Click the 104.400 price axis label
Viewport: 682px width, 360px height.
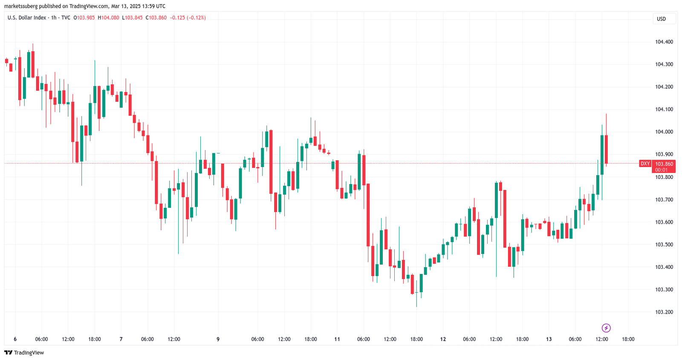pyautogui.click(x=664, y=42)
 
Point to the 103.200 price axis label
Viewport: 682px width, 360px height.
pyautogui.click(x=664, y=312)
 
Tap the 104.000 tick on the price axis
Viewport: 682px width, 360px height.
pyautogui.click(x=664, y=132)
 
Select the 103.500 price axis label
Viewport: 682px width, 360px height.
pyautogui.click(x=664, y=245)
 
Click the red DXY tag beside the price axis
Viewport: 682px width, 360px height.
pyautogui.click(x=645, y=164)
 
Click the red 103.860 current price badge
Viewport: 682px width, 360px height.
pyautogui.click(x=664, y=164)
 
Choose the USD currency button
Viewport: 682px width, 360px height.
pyautogui.click(x=661, y=19)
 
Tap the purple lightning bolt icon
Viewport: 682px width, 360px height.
pyautogui.click(x=606, y=328)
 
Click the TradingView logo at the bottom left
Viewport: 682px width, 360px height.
pyautogui.click(x=24, y=353)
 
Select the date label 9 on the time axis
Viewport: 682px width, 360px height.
pyautogui.click(x=218, y=339)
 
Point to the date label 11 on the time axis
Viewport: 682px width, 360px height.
pyautogui.click(x=337, y=339)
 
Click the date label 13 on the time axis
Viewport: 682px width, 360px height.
pyautogui.click(x=549, y=339)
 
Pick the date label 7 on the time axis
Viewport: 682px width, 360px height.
pyautogui.click(x=121, y=339)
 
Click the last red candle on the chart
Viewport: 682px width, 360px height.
pyautogui.click(x=606, y=149)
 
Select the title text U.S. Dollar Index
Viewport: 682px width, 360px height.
pyautogui.click(x=26, y=18)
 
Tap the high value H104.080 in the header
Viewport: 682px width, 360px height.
pyautogui.click(x=108, y=18)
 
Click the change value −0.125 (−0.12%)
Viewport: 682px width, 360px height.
pyautogui.click(x=188, y=18)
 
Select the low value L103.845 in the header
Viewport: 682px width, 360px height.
pyautogui.click(x=132, y=18)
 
